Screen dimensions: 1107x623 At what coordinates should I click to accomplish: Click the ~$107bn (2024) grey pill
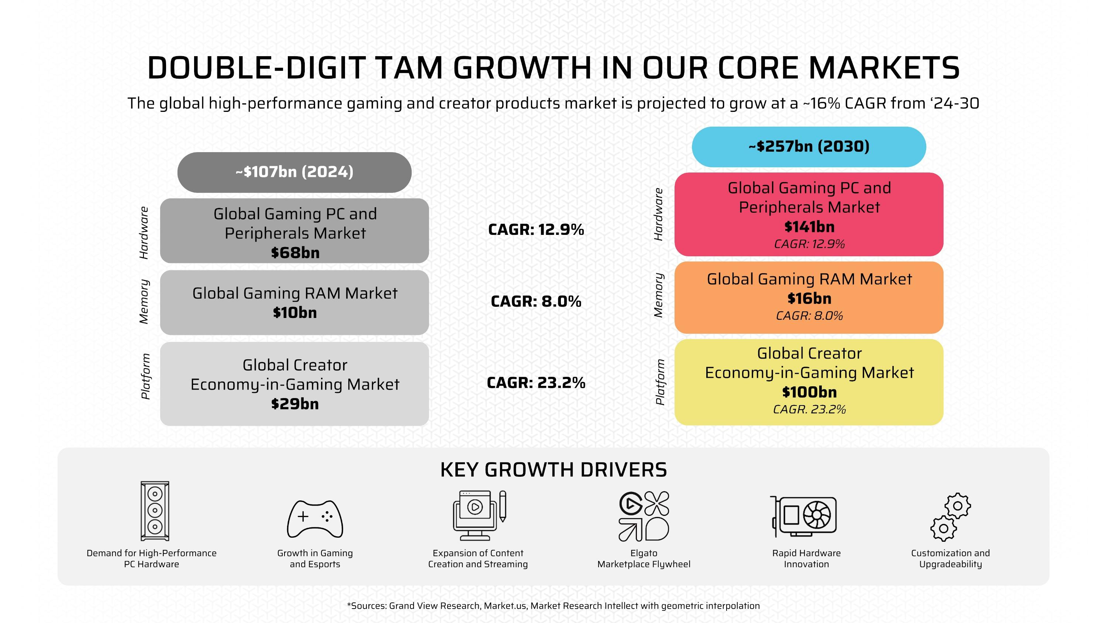[x=294, y=172]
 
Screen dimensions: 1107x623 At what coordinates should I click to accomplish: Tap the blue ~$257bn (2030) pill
[x=809, y=147]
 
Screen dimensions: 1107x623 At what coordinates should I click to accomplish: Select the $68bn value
[x=295, y=253]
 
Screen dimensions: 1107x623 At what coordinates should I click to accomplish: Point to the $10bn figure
[x=295, y=312]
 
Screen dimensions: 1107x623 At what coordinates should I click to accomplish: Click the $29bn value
[x=295, y=404]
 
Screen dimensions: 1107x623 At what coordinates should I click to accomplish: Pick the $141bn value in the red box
[x=809, y=227]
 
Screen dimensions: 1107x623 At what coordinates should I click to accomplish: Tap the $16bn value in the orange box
[x=809, y=298]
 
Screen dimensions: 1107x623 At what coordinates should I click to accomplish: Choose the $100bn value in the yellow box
[x=809, y=392]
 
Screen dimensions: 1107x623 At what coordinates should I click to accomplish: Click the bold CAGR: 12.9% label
[x=536, y=230]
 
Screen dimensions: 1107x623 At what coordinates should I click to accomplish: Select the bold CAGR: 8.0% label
[x=536, y=301]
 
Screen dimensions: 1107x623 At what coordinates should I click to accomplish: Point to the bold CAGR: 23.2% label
[x=536, y=383]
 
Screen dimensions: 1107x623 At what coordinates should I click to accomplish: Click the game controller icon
[x=315, y=519]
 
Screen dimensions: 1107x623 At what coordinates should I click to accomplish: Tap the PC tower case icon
[x=155, y=511]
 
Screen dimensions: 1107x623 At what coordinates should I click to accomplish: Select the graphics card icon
[x=804, y=516]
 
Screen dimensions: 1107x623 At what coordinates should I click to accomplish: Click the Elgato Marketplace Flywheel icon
[x=644, y=516]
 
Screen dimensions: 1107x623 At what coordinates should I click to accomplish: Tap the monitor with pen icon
[x=479, y=516]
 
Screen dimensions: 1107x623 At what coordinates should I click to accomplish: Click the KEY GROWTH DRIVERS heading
[x=553, y=470]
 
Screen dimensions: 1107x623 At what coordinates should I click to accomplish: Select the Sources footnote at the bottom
[x=553, y=606]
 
